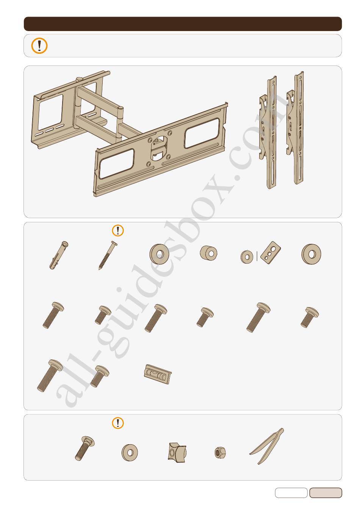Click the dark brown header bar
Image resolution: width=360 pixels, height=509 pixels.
click(x=183, y=23)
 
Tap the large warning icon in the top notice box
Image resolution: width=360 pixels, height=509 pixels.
click(x=39, y=46)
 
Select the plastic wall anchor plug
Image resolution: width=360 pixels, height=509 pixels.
click(x=59, y=255)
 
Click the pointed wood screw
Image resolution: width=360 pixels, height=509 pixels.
click(x=108, y=255)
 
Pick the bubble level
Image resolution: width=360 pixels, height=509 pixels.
click(x=158, y=374)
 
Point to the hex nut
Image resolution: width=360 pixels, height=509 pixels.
click(x=220, y=453)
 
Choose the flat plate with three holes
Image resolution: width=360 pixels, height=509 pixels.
click(x=271, y=253)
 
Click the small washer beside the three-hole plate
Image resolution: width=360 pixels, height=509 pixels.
click(x=247, y=257)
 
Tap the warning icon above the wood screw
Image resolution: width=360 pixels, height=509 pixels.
click(x=118, y=231)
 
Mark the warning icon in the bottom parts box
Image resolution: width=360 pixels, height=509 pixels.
click(x=118, y=423)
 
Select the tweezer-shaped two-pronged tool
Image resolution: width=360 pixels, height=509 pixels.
click(x=267, y=446)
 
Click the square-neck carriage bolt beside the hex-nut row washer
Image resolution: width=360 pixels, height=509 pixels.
click(x=85, y=448)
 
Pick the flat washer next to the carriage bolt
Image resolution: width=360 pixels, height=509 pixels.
click(x=130, y=453)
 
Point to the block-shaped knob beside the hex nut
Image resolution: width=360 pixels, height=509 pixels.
click(x=177, y=452)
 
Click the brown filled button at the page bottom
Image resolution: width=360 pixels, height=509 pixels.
click(x=326, y=493)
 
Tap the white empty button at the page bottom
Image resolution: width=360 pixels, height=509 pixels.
click(x=291, y=493)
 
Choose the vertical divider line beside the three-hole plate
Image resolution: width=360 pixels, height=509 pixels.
click(x=257, y=256)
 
